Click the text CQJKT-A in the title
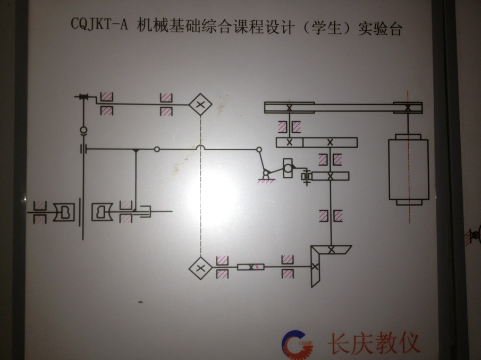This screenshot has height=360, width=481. (99, 24)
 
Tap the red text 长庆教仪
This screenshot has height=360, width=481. (373, 343)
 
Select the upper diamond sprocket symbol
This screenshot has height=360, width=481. (200, 105)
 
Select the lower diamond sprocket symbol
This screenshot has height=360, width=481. (200, 268)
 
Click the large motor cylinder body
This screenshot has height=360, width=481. (408, 169)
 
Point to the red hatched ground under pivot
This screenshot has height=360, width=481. (266, 182)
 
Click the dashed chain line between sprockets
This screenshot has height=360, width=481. (200, 186)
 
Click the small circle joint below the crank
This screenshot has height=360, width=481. (83, 130)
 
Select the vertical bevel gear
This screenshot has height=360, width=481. (315, 266)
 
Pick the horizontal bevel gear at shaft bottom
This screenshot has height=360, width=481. (331, 250)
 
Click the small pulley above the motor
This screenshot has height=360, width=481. (408, 108)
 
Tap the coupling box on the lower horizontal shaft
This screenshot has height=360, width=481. (251, 267)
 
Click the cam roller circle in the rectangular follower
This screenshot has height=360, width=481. (288, 168)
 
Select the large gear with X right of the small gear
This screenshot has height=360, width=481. (330, 142)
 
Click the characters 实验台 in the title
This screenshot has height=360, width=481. (380, 29)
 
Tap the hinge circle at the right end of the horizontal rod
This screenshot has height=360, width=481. (259, 150)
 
